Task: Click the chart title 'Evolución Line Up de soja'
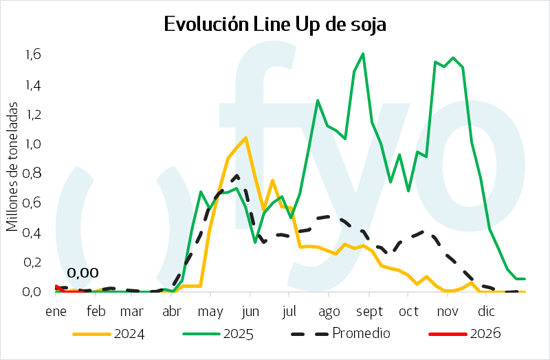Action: pos(275,25)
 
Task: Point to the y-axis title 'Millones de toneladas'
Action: pos(12,167)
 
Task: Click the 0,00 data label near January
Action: pos(82,273)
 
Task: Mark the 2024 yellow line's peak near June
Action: pos(245,138)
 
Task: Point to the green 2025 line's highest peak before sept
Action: pos(362,54)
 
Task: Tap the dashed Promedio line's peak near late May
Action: pos(236,175)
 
